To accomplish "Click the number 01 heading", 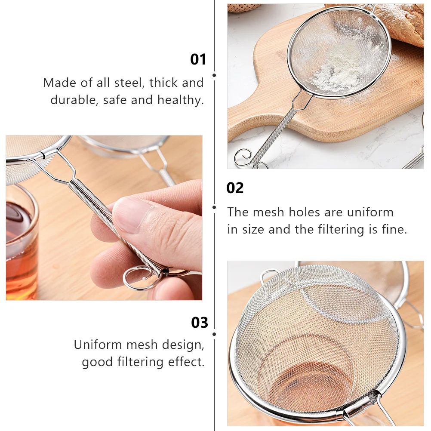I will [x=198, y=59].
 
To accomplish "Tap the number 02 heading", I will [x=235, y=188].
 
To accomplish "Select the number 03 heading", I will [x=199, y=322].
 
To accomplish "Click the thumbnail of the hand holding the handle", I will [x=104, y=218].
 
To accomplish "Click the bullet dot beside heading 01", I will [x=214, y=75].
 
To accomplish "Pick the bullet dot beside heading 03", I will [x=214, y=334].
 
